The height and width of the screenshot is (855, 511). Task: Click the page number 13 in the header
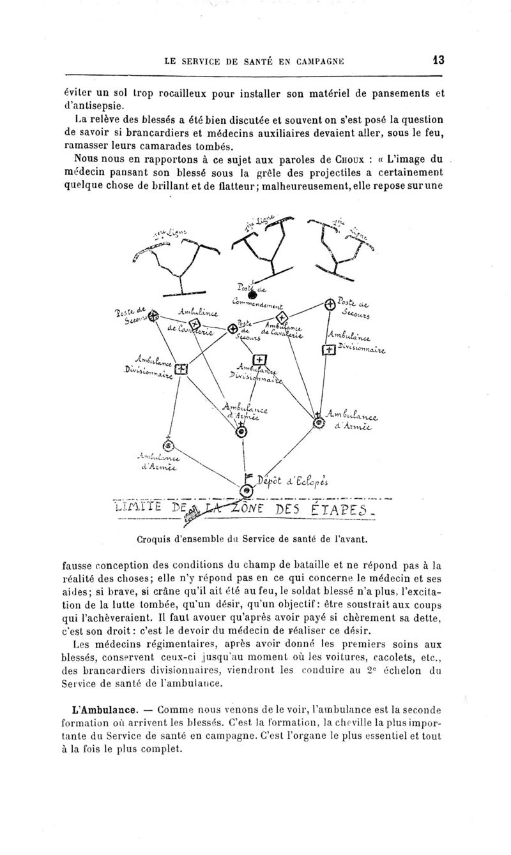tap(438, 61)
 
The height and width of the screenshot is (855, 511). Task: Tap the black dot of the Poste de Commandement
tap(252, 295)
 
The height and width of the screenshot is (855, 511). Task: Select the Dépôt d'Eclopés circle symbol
tap(245, 491)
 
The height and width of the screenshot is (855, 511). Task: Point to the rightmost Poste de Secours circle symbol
tap(328, 304)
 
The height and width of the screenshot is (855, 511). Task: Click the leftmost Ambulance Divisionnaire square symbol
tap(181, 369)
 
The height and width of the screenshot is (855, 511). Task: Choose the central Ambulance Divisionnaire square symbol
tap(259, 359)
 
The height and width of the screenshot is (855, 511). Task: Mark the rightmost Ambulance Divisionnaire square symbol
tap(328, 350)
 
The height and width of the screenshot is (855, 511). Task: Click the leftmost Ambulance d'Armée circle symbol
tap(169, 445)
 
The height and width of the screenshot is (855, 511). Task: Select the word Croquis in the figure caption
tap(157, 540)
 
